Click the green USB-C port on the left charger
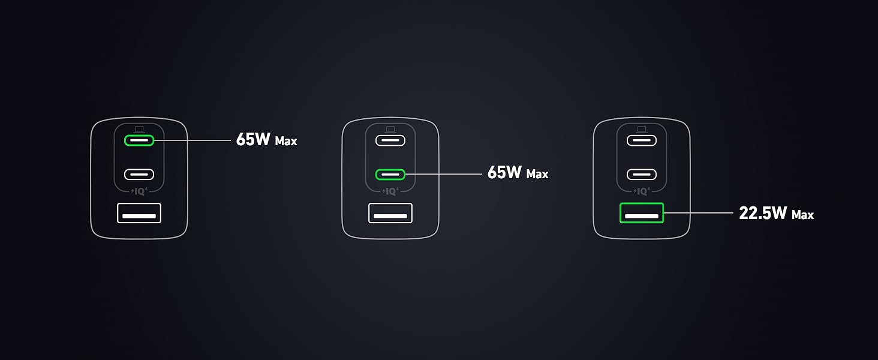(x=139, y=140)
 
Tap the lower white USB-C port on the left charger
(x=139, y=175)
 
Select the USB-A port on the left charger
(x=139, y=213)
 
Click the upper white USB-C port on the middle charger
(x=390, y=140)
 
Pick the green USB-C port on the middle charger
(x=390, y=175)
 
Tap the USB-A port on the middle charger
(x=390, y=213)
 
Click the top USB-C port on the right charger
(x=642, y=140)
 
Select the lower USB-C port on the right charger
(x=642, y=175)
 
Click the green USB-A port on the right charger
(x=642, y=213)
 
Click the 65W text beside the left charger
(x=254, y=140)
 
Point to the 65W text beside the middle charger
(x=505, y=173)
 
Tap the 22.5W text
(x=763, y=213)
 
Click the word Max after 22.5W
(x=802, y=214)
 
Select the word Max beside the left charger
(x=286, y=142)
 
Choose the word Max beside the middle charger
(x=537, y=175)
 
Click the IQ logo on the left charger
(x=139, y=192)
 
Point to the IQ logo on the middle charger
(x=390, y=192)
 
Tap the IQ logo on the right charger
(x=642, y=192)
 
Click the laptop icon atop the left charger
(x=139, y=129)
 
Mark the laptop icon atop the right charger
(x=642, y=129)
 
